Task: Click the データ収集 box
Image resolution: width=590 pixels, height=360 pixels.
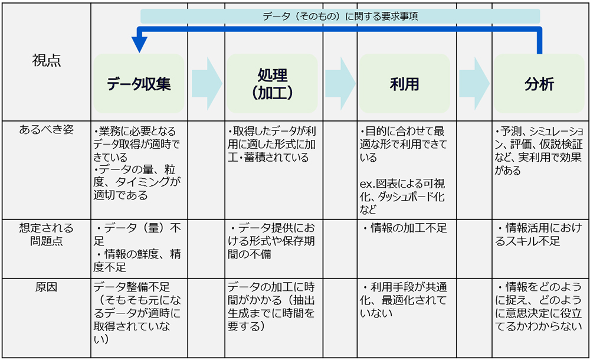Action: [139, 84]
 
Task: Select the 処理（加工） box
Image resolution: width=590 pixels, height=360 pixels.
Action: [272, 84]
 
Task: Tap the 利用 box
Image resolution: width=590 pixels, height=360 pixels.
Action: [405, 84]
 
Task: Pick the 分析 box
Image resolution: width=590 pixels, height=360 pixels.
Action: [539, 84]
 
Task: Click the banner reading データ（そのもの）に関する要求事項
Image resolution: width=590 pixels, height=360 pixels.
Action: [340, 16]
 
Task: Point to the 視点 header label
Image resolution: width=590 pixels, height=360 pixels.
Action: [46, 60]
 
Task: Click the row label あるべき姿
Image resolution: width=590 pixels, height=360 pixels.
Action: [46, 129]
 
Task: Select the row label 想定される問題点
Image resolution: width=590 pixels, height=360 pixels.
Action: [46, 234]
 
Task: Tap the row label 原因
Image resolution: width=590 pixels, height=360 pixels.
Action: [46, 287]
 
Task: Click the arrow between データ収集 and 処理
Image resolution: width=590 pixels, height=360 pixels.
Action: [207, 84]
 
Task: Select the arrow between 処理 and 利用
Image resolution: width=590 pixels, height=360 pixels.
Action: [340, 84]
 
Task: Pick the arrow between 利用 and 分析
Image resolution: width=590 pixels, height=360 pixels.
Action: [474, 84]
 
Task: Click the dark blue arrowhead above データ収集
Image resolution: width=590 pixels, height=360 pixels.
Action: [139, 44]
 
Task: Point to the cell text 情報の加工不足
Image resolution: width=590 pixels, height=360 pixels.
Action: [405, 228]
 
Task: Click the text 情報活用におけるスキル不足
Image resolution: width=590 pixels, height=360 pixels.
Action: [539, 234]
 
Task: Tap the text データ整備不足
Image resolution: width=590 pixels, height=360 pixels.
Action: [132, 287]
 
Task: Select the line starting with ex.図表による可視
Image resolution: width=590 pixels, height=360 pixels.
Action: [402, 184]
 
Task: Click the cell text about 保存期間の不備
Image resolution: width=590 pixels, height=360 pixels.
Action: [271, 241]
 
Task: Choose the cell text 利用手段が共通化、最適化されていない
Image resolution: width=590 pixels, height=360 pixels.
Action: [404, 300]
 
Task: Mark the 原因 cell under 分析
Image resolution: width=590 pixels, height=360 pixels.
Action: [539, 306]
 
